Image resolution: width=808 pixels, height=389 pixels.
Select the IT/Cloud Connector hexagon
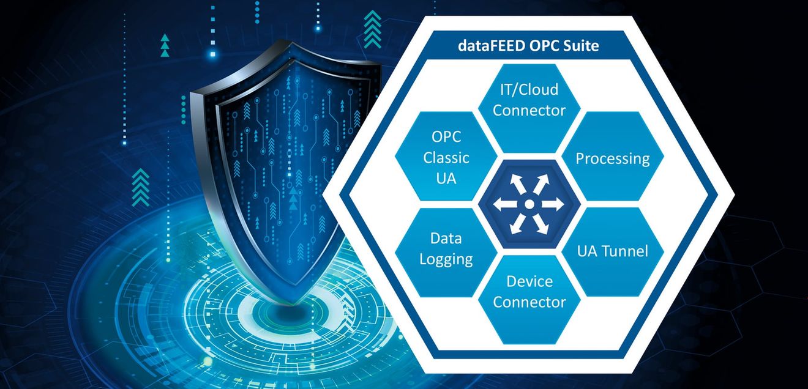[529, 108]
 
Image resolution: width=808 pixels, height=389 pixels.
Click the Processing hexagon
[613, 156]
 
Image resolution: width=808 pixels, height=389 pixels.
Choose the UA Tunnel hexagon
[613, 251]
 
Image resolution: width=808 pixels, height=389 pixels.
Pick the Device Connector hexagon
[529, 300]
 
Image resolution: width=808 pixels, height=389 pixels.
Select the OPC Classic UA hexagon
[446, 156]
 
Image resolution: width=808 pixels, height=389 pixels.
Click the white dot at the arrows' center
[529, 204]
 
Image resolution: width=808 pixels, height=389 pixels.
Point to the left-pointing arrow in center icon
[505, 204]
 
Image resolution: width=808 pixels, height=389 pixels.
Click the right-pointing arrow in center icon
[553, 204]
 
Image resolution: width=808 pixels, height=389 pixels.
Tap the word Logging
[446, 259]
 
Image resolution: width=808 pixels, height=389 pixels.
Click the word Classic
[446, 158]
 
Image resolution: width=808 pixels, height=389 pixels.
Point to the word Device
[529, 281]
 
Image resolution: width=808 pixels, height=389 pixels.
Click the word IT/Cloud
[529, 90]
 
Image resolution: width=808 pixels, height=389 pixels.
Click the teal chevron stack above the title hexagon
[372, 29]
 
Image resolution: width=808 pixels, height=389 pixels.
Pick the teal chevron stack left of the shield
[141, 188]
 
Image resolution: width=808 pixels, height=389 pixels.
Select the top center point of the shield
[292, 42]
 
